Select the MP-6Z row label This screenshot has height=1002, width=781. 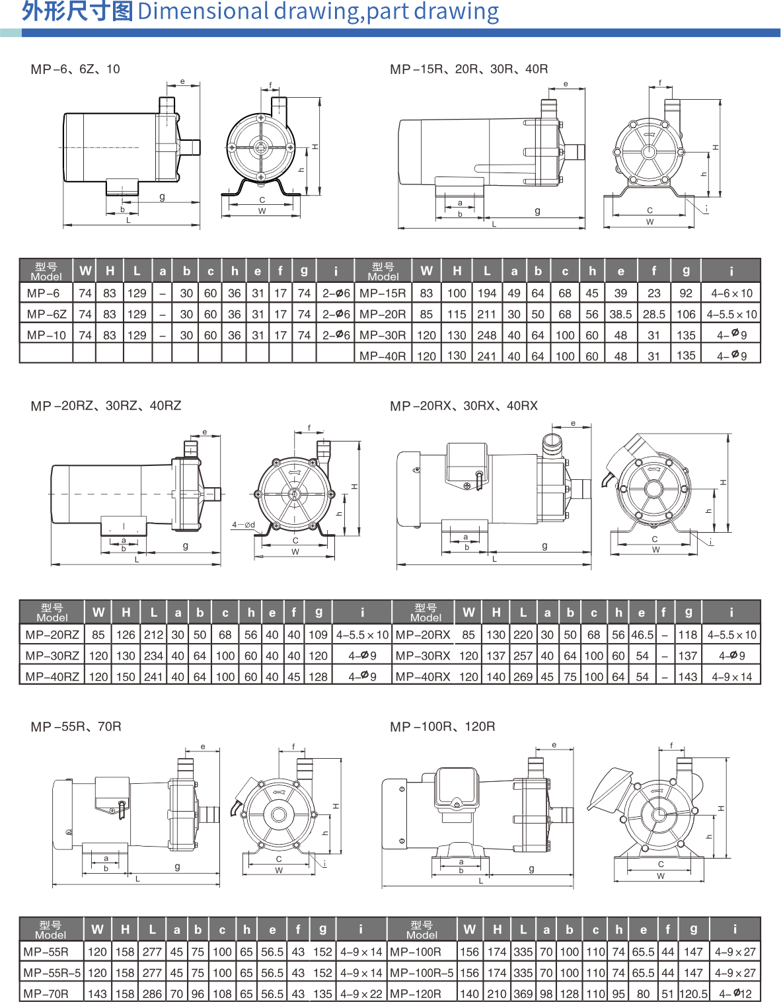coord(46,314)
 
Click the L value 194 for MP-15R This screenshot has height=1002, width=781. coord(487,293)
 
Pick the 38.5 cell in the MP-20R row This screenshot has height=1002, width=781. coord(620,314)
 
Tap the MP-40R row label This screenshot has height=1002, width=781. coord(383,356)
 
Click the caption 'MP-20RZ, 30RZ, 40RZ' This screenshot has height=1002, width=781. coord(106,406)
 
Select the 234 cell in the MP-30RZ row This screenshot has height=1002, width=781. coord(153,656)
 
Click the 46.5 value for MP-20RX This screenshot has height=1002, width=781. coord(642,635)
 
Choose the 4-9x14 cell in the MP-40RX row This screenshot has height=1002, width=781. coord(731,677)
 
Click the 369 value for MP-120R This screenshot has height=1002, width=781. coord(523,993)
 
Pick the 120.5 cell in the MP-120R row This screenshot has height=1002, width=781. coord(693,993)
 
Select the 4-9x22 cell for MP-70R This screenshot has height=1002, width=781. coord(361,993)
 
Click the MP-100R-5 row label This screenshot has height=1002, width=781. coord(422,973)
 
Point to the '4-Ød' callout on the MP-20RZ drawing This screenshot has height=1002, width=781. coord(242,525)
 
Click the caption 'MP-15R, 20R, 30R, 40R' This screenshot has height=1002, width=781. coord(468,69)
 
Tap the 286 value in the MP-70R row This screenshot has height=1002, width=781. coord(152,993)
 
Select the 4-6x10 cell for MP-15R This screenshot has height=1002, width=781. coord(731,293)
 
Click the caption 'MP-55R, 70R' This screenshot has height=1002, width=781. coord(76,726)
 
